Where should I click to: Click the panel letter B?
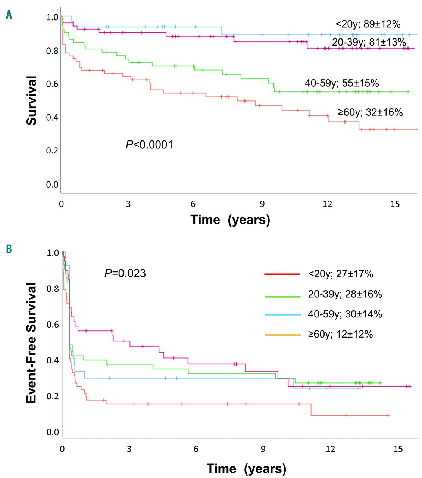[x=9, y=249]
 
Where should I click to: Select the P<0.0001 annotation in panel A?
[x=149, y=145]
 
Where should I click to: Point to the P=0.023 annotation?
[x=125, y=273]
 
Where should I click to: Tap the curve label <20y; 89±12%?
[x=368, y=24]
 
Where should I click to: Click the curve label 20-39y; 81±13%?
[x=369, y=42]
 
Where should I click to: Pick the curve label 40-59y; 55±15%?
[x=342, y=83]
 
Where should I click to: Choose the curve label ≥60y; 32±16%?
[x=370, y=112]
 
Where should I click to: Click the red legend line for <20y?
[x=282, y=274]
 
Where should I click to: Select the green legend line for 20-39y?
[x=282, y=297]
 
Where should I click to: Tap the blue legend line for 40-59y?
[x=282, y=315]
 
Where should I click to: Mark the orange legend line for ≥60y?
[x=282, y=335]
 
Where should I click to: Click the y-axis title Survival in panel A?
[x=32, y=100]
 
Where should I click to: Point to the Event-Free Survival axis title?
[x=32, y=342]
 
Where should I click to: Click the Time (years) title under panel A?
[x=230, y=220]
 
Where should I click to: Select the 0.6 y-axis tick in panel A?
[x=53, y=84]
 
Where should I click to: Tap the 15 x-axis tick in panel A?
[x=395, y=204]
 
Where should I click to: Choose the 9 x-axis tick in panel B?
[x=263, y=449]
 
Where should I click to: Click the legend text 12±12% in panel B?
[x=359, y=334]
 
